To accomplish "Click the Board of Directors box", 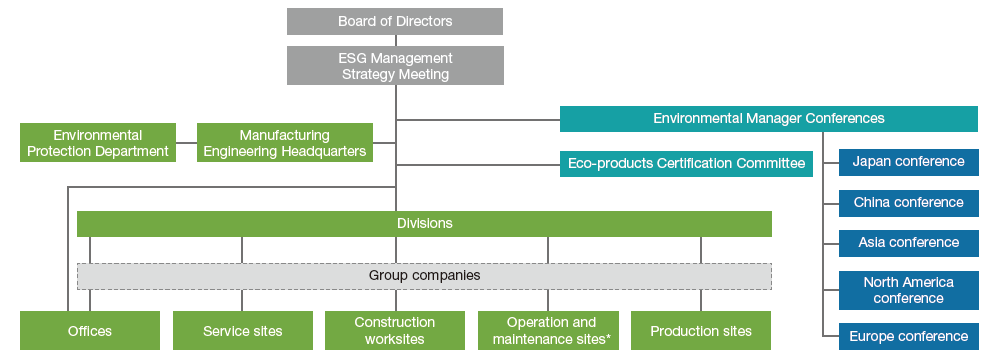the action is [x=395, y=21].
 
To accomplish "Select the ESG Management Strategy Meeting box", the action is [x=395, y=66].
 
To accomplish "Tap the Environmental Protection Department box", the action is [x=98, y=142].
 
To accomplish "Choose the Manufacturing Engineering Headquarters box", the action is [x=284, y=142].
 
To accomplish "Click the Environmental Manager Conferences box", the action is [x=768, y=119].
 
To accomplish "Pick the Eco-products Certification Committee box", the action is [x=686, y=164].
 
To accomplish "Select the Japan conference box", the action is [x=908, y=162].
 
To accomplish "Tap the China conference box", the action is [x=908, y=203].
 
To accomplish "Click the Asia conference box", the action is [x=908, y=243].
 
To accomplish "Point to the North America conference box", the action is [x=908, y=290].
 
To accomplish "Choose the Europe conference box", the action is [x=908, y=337].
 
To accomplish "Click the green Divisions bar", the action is [x=424, y=224].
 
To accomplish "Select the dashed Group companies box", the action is [x=424, y=276].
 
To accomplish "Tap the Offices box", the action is [x=90, y=331].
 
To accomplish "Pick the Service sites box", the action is [x=242, y=331].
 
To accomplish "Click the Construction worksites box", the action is [x=395, y=331].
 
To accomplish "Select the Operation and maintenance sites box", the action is [x=548, y=331].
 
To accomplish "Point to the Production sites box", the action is [x=701, y=331].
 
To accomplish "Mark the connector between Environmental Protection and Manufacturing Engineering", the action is [x=186, y=142].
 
